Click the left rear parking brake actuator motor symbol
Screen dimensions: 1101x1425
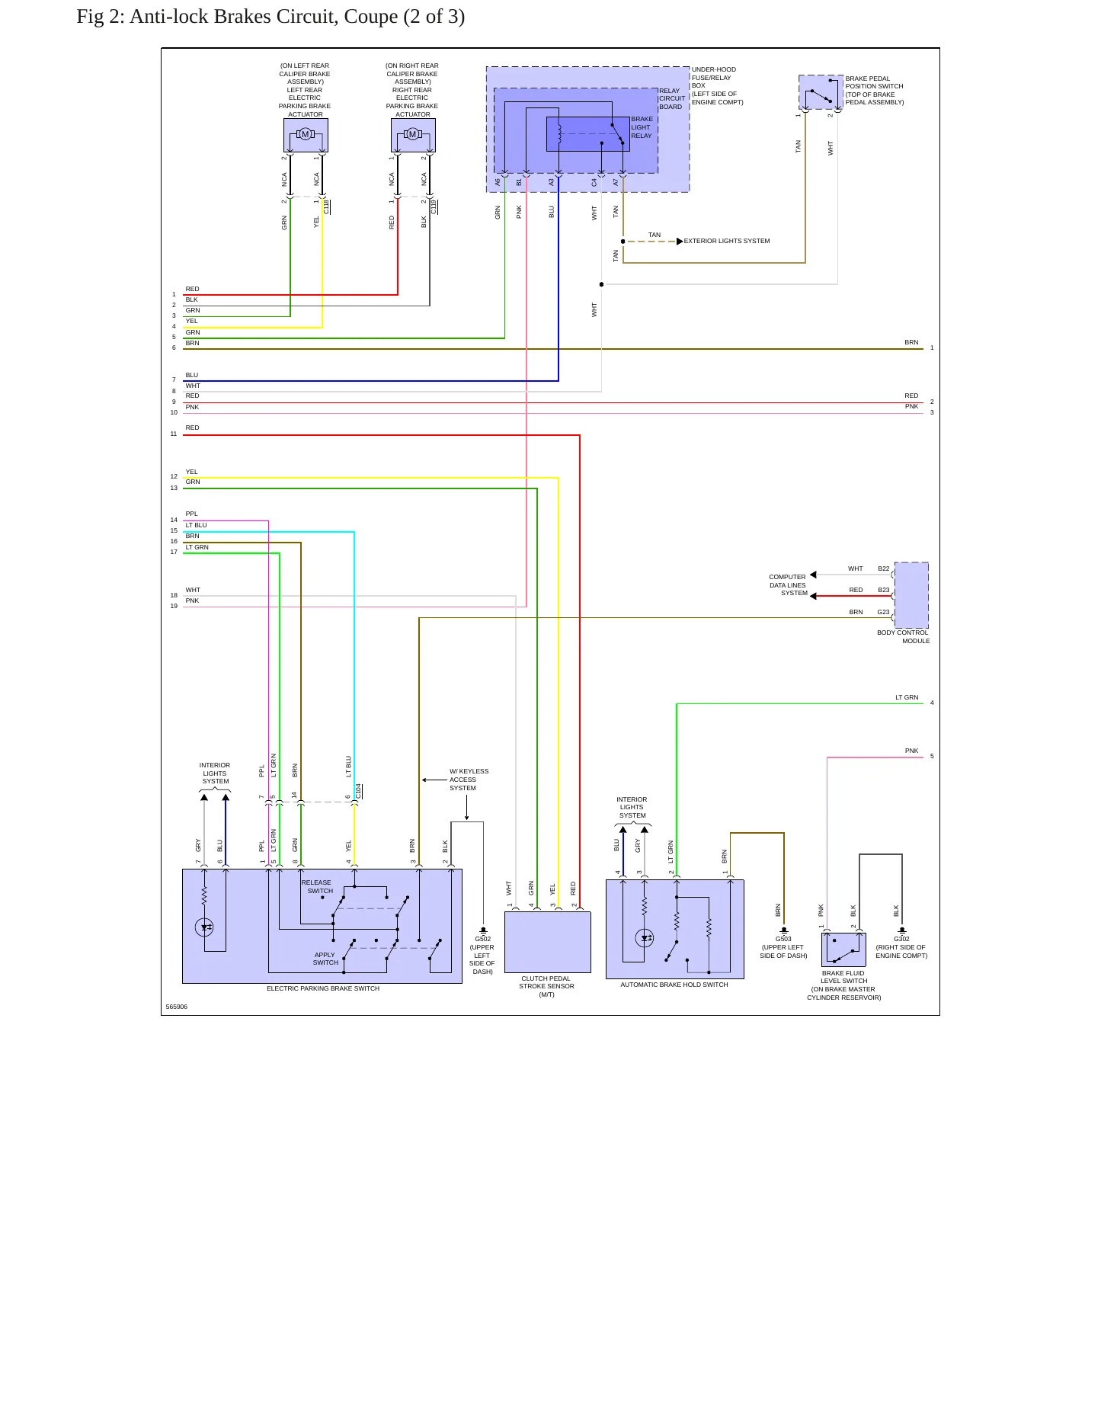point(306,134)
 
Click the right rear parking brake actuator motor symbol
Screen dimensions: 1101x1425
point(413,134)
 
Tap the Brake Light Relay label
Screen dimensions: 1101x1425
point(642,127)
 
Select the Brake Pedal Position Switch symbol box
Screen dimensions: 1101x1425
point(821,92)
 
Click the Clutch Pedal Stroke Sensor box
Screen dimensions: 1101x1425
point(548,942)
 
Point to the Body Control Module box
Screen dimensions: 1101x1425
point(911,594)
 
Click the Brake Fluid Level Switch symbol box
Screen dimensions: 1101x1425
point(843,949)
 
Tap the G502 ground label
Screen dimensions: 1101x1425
point(483,939)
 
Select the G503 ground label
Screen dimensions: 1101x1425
point(783,939)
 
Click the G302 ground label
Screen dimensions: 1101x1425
point(901,939)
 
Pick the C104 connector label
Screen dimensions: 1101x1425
point(359,791)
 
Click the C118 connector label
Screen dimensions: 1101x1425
point(327,207)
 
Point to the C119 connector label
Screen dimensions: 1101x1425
point(434,207)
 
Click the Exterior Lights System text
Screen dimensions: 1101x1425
point(727,241)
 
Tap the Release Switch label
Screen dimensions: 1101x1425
point(318,886)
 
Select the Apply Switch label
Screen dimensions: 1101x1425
point(325,959)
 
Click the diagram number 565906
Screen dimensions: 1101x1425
point(177,1007)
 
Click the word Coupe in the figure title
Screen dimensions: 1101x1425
point(370,17)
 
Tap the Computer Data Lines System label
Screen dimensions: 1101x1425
point(788,585)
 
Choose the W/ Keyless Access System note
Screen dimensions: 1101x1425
point(469,780)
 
